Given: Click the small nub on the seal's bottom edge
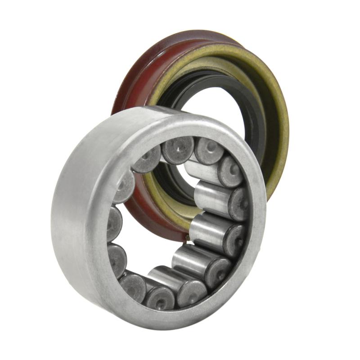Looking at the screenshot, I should tap(186, 235).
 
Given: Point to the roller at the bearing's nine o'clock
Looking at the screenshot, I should tap(114, 223).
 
